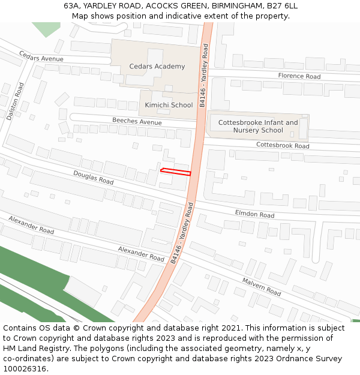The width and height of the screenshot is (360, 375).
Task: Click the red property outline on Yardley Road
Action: [x=176, y=172]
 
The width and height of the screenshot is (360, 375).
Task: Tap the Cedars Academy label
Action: [x=157, y=67]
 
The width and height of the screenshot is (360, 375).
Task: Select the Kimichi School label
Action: [x=169, y=105]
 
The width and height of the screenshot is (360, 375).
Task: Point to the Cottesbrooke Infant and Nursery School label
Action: [x=258, y=127]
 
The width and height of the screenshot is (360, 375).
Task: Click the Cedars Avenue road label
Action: [x=41, y=56]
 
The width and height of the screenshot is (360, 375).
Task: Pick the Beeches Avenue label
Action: [x=137, y=121]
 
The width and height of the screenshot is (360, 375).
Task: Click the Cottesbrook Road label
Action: [x=283, y=145]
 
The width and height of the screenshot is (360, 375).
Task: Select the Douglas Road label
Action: [x=94, y=177]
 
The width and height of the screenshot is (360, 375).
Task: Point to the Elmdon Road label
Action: [x=254, y=214]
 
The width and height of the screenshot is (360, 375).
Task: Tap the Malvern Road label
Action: [x=262, y=287]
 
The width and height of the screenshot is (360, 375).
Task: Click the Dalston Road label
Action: [x=14, y=102]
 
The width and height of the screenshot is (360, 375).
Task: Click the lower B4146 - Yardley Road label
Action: [x=181, y=233]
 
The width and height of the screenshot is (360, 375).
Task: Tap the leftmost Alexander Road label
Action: [x=31, y=225]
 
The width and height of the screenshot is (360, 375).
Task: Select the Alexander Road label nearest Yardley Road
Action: [x=141, y=253]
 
